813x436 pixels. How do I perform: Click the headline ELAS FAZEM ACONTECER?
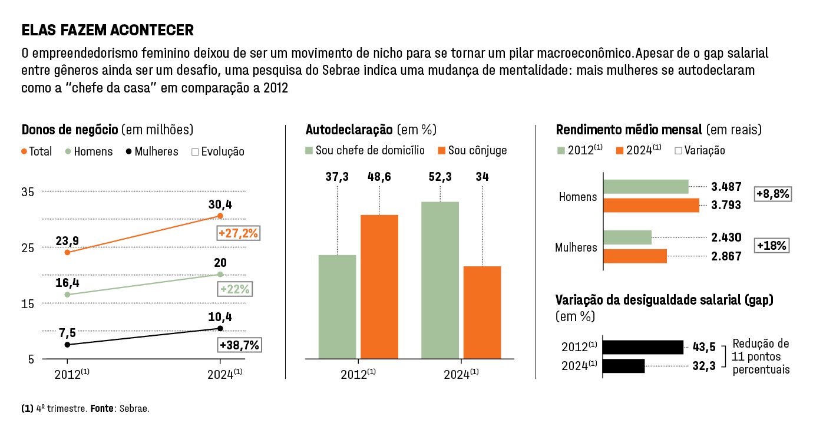(x=107, y=30)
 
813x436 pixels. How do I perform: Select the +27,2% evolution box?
(x=238, y=234)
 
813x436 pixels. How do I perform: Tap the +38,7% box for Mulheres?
(x=239, y=345)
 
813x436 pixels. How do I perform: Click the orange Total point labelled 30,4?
(x=220, y=216)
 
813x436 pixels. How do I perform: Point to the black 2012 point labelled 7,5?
(x=67, y=345)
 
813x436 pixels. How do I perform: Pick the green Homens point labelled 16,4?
(x=67, y=295)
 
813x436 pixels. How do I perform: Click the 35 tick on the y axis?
(x=28, y=192)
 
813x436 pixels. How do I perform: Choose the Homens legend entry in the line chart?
(x=88, y=151)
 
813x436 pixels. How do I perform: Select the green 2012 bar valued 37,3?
(x=337, y=306)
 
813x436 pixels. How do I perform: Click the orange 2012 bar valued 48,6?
(x=379, y=286)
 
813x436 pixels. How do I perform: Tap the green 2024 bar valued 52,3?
(x=440, y=280)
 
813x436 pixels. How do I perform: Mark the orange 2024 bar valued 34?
(x=482, y=312)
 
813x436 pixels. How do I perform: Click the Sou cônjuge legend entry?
(x=472, y=150)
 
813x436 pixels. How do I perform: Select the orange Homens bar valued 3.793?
(x=652, y=205)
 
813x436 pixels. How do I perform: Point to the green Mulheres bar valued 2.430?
(x=628, y=237)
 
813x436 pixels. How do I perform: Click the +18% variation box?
(x=772, y=246)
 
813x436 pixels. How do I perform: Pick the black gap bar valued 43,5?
(x=643, y=347)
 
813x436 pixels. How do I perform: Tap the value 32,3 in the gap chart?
(x=704, y=366)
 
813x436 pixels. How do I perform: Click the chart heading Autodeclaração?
(x=349, y=130)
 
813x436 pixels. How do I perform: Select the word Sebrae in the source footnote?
(x=134, y=408)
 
